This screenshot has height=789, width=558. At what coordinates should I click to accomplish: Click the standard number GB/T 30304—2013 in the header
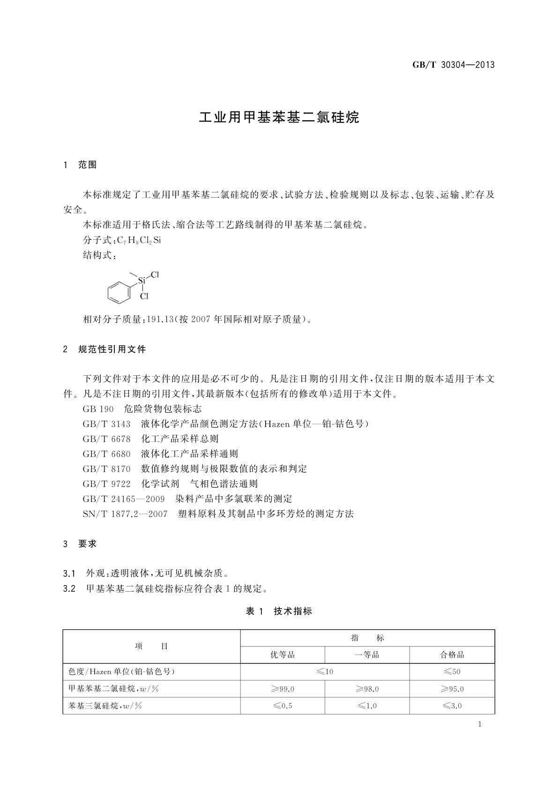[453, 65]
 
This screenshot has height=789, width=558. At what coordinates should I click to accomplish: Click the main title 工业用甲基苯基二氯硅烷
[279, 117]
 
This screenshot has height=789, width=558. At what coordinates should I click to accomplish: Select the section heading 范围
[88, 165]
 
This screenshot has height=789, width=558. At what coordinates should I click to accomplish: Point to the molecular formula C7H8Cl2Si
[139, 240]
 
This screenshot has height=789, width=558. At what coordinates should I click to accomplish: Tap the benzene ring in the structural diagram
[118, 292]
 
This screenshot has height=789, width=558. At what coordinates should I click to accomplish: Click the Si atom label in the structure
[141, 281]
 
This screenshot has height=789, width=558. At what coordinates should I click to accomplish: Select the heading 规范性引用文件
[112, 349]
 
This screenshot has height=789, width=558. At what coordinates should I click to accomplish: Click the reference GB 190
[98, 409]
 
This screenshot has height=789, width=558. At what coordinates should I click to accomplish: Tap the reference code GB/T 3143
[106, 424]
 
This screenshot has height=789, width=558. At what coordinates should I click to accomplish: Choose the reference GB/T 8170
[106, 469]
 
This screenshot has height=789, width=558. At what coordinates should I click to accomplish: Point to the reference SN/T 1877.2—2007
[125, 514]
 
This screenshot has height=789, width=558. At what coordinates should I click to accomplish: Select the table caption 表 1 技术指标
[279, 611]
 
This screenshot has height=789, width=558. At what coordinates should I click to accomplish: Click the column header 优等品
[283, 655]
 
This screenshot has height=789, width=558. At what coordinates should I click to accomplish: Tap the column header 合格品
[452, 655]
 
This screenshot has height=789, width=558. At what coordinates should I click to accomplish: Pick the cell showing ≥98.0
[367, 689]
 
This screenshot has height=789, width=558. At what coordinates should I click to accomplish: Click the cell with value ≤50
[452, 671]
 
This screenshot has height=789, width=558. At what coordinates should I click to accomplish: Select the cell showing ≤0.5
[283, 706]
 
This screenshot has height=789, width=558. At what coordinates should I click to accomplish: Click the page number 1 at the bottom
[480, 724]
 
